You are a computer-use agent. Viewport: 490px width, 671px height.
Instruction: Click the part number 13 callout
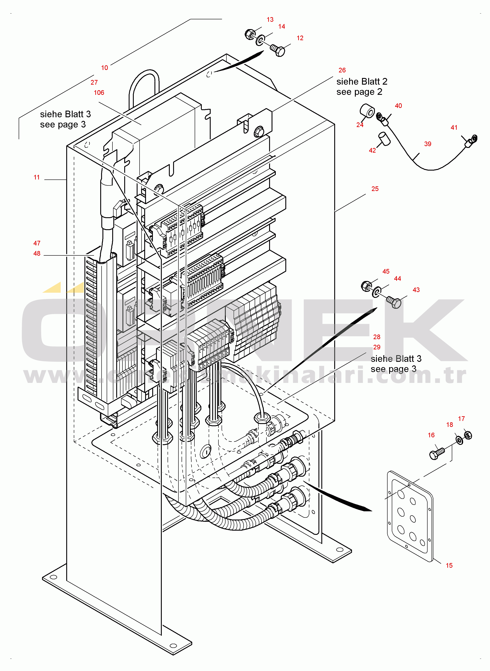(270, 20)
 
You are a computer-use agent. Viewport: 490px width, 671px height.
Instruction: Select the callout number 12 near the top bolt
(300, 38)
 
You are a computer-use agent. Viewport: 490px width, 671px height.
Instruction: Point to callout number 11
(36, 177)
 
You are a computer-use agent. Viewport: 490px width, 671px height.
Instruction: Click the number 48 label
(37, 254)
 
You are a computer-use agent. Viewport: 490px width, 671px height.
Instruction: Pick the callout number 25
(375, 189)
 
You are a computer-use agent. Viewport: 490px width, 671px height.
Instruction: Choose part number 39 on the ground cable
(427, 144)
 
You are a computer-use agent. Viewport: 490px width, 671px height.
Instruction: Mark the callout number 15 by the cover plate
(449, 565)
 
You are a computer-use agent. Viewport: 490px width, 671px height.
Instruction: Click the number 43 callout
(416, 290)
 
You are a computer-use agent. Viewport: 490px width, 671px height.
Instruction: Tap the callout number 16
(431, 435)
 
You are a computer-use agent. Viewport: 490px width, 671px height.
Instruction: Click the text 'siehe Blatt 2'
(362, 82)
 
